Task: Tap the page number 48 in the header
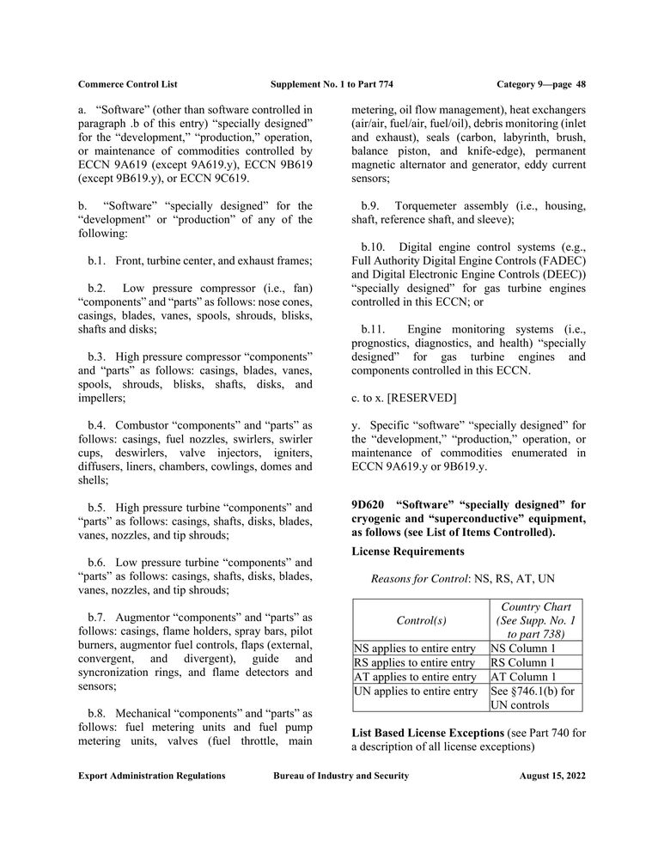pyautogui.click(x=581, y=83)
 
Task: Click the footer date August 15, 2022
pyautogui.click(x=552, y=776)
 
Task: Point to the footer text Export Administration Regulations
pyautogui.click(x=151, y=776)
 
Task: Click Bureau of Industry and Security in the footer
pyautogui.click(x=341, y=776)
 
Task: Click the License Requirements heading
pyautogui.click(x=408, y=551)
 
